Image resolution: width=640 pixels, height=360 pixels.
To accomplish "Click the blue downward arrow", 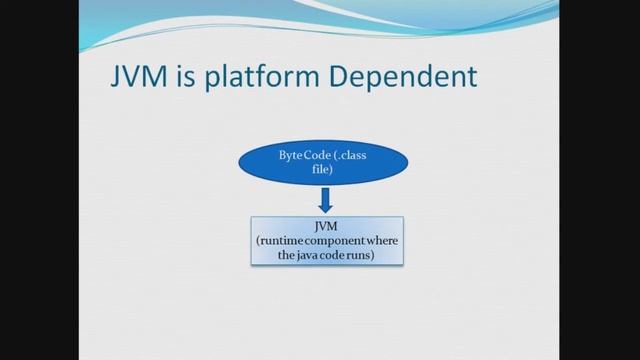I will click(x=324, y=201).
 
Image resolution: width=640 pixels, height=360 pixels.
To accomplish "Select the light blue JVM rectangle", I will click(x=325, y=241).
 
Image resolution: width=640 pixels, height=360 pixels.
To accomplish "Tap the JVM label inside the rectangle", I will click(x=325, y=227).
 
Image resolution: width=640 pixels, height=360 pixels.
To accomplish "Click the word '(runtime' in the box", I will click(x=279, y=241).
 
